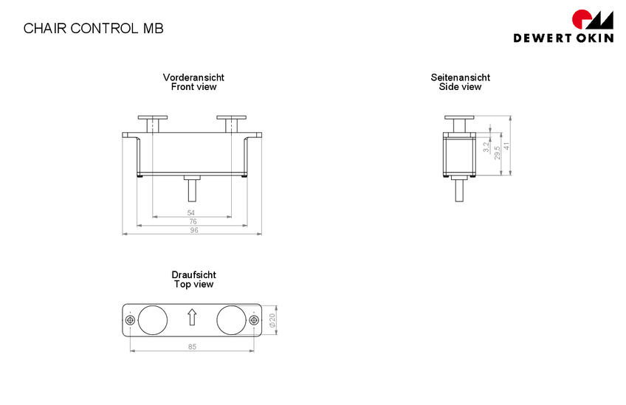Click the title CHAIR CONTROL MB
[93, 28]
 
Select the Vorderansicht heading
[193, 77]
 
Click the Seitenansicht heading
[460, 77]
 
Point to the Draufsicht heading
[193, 274]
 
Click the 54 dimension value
[191, 212]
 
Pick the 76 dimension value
[192, 221]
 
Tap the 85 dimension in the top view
[192, 346]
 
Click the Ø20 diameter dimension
[272, 320]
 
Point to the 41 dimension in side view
[506, 146]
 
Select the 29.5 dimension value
[497, 153]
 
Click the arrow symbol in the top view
[192, 317]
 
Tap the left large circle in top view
[153, 319]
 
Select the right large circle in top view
[231, 319]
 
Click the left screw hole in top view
[130, 319]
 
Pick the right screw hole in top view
[254, 319]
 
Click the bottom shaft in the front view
[192, 189]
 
